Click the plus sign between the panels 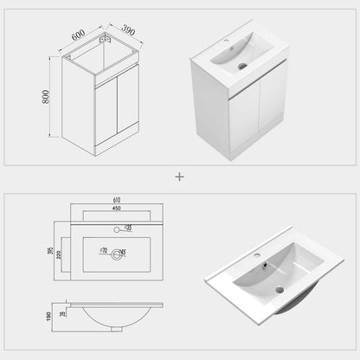180,176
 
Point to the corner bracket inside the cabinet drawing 106,41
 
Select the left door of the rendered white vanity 210,122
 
